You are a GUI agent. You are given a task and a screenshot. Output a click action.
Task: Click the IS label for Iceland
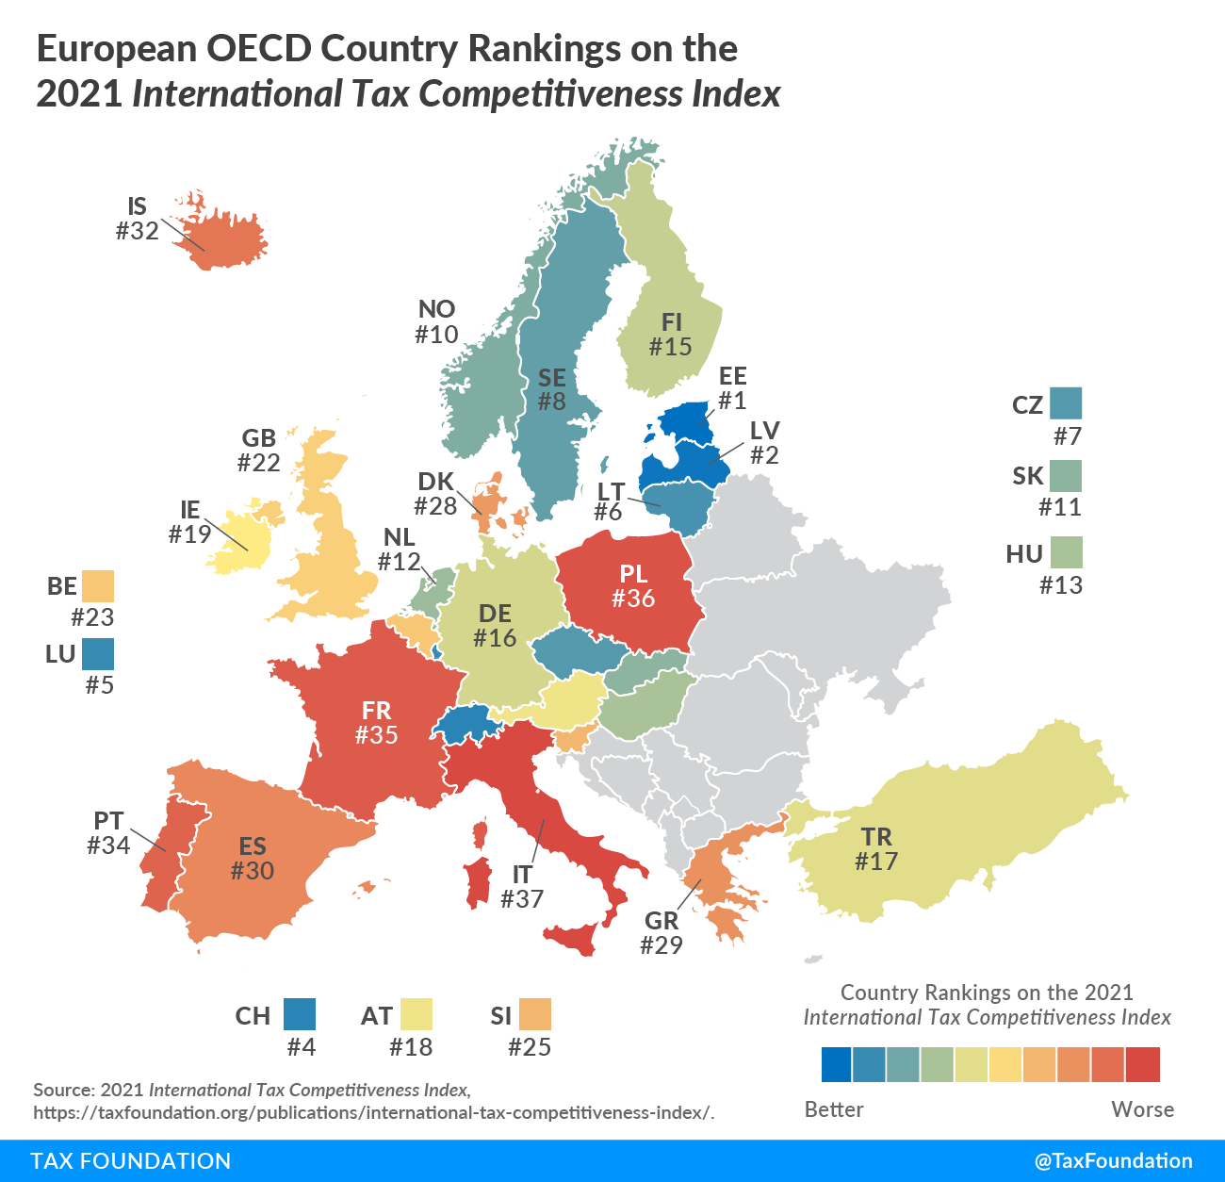click(138, 206)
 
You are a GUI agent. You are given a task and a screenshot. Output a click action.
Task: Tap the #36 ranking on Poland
click(633, 599)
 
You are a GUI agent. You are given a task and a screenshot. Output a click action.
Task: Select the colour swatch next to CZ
click(1066, 403)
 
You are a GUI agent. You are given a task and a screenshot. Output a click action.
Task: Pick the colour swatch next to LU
click(98, 654)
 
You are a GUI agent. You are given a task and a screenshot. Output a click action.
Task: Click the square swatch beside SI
click(534, 1014)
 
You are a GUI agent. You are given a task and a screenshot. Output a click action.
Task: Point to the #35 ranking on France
click(376, 735)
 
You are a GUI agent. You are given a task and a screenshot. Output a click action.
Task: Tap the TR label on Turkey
click(876, 837)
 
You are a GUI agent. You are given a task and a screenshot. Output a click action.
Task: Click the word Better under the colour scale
click(834, 1109)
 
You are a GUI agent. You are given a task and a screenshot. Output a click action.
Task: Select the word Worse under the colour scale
click(1142, 1109)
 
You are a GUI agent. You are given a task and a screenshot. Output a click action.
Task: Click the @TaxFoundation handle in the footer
click(1113, 1160)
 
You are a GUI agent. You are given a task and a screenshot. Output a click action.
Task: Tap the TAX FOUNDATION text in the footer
click(131, 1160)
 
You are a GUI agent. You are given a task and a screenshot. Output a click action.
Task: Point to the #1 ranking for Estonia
click(732, 401)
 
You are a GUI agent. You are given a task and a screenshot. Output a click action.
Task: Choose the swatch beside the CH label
click(300, 1014)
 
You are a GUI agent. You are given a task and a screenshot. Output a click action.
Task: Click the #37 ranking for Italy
click(522, 899)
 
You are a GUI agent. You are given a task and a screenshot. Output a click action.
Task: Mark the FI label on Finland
click(672, 322)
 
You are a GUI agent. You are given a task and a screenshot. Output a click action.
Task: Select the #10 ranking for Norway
click(436, 334)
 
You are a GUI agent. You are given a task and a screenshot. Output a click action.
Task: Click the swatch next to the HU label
click(1067, 552)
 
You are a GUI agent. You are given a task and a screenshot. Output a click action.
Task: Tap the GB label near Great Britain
click(259, 438)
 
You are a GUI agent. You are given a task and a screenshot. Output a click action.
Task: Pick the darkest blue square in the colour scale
click(837, 1064)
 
